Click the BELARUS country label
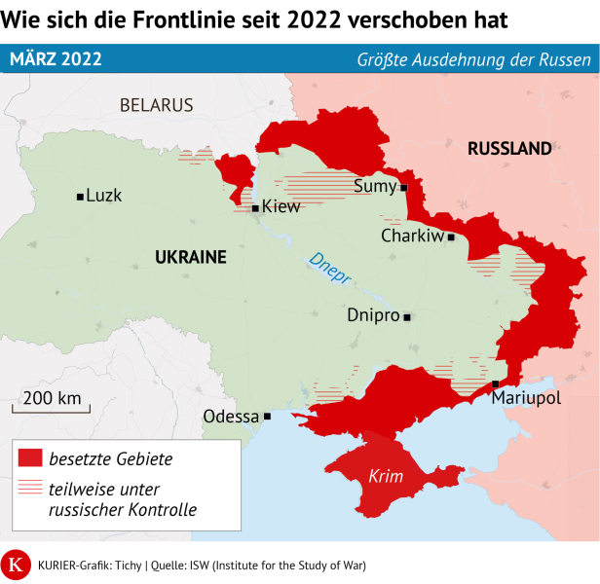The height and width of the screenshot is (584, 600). coord(156,105)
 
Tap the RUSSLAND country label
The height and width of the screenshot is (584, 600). coord(509,149)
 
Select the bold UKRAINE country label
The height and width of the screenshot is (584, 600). coord(190,257)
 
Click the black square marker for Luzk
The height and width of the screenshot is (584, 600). coord(80,197)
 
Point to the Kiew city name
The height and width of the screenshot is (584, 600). coord(281,206)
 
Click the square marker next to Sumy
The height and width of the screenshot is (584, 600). coord(403,180)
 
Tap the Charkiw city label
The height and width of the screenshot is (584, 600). coord(412,236)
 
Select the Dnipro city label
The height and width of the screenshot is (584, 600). coord(373,315)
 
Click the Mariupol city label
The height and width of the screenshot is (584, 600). coord(526,399)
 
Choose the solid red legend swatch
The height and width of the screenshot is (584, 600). coord(30,457)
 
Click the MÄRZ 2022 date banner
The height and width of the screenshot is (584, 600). coord(56,58)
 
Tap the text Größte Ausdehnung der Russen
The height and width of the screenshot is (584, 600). coord(472,59)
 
